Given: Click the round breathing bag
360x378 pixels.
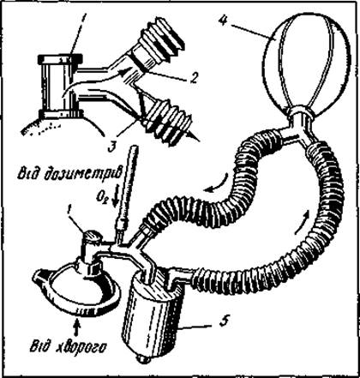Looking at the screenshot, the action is [307, 63].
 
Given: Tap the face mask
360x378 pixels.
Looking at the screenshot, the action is [77, 290].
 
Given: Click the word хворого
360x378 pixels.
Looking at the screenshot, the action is [86, 349].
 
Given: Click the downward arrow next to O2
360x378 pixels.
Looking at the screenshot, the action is [116, 199].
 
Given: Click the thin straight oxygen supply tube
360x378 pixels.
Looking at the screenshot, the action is [128, 190].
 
